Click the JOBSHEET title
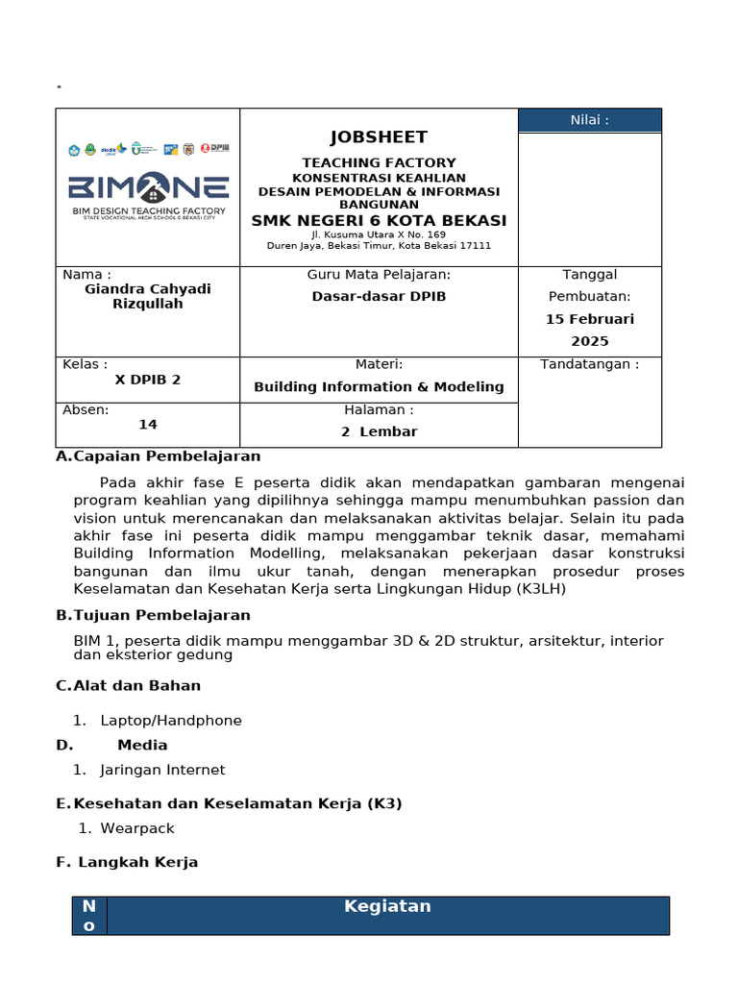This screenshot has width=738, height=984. [379, 137]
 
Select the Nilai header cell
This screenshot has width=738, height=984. [589, 120]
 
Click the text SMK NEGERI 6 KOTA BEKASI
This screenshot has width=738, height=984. [379, 221]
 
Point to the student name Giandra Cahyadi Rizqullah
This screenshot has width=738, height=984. [148, 296]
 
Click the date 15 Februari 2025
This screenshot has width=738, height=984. [589, 330]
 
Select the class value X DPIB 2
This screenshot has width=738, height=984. [148, 380]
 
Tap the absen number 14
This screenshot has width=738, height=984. [148, 424]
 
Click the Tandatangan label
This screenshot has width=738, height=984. [589, 364]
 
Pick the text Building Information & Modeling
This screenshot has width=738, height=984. [379, 387]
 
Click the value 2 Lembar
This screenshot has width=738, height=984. [379, 432]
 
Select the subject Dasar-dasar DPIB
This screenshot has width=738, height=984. [379, 297]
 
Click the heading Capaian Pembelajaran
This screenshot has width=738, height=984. [167, 456]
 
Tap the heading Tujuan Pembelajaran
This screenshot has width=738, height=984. [161, 615]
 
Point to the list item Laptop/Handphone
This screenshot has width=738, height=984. [171, 721]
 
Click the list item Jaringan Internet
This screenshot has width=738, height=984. [162, 770]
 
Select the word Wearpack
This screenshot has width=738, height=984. [137, 828]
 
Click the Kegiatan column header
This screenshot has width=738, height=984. [387, 906]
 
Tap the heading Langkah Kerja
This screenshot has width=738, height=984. [137, 862]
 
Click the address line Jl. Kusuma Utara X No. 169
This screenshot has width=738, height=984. [379, 234]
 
